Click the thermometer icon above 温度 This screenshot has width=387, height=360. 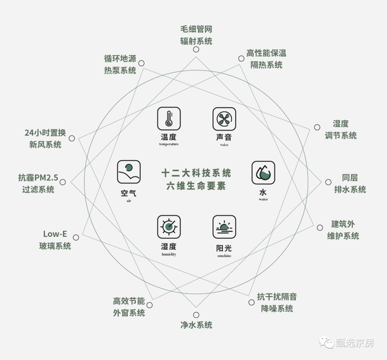(169, 118)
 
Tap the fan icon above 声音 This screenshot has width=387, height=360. (224, 118)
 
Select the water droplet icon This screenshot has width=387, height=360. (263, 173)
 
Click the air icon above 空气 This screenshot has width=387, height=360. (129, 172)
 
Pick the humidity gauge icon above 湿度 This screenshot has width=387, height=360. (169, 227)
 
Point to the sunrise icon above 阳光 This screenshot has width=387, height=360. (224, 227)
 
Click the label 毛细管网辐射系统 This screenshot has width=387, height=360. (196, 35)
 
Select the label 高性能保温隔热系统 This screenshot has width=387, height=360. (265, 59)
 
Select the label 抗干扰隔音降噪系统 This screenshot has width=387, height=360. (276, 302)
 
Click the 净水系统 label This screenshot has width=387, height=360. (196, 325)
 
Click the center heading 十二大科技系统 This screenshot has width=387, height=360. (196, 173)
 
